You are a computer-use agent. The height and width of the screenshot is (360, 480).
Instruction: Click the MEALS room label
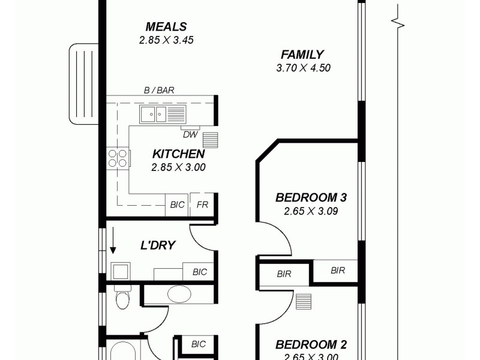tap(166, 27)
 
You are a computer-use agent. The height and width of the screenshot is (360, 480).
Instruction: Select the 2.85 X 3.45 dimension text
tap(166, 40)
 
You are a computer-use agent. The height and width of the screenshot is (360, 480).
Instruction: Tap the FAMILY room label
tap(302, 55)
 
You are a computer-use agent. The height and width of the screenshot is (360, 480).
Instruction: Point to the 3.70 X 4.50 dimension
tap(303, 68)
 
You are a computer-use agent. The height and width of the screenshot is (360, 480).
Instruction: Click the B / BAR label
tap(159, 91)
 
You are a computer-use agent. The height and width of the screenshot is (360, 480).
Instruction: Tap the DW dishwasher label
tap(190, 134)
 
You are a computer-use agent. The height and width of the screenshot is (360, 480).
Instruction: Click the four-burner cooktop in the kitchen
tap(118, 158)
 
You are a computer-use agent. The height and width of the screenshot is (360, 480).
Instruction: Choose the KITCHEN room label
tap(178, 154)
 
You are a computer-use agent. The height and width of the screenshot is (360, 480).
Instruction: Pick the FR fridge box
tap(203, 205)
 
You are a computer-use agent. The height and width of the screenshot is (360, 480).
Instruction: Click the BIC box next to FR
tap(178, 205)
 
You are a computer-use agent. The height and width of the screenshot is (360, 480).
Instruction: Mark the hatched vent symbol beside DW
tap(211, 139)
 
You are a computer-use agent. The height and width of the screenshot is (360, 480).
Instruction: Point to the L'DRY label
tap(158, 245)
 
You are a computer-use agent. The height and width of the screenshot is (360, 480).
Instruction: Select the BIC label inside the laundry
tap(199, 272)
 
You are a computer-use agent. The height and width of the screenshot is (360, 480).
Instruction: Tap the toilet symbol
tap(122, 297)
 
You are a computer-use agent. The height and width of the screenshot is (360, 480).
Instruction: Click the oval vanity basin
tap(179, 294)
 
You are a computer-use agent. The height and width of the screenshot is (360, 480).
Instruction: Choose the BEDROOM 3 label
tap(311, 197)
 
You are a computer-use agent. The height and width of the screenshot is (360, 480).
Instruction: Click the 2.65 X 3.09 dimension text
tap(311, 211)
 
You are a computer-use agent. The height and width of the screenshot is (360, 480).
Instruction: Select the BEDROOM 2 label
tap(311, 345)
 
